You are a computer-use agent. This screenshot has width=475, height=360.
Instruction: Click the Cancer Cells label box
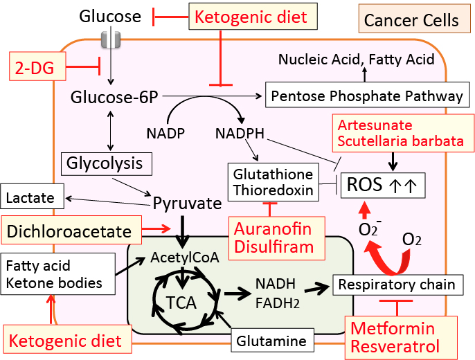(x=411, y=20)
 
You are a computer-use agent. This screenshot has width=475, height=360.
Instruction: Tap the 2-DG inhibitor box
(x=37, y=66)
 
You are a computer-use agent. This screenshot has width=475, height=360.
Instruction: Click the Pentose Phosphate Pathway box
(x=366, y=96)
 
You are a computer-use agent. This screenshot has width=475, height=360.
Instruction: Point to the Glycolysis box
(x=105, y=164)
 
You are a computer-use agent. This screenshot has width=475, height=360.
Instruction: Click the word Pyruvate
(x=187, y=204)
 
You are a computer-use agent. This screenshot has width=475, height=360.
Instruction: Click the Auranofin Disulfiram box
(x=273, y=237)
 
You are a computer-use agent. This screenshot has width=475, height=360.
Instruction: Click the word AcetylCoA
(x=186, y=258)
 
